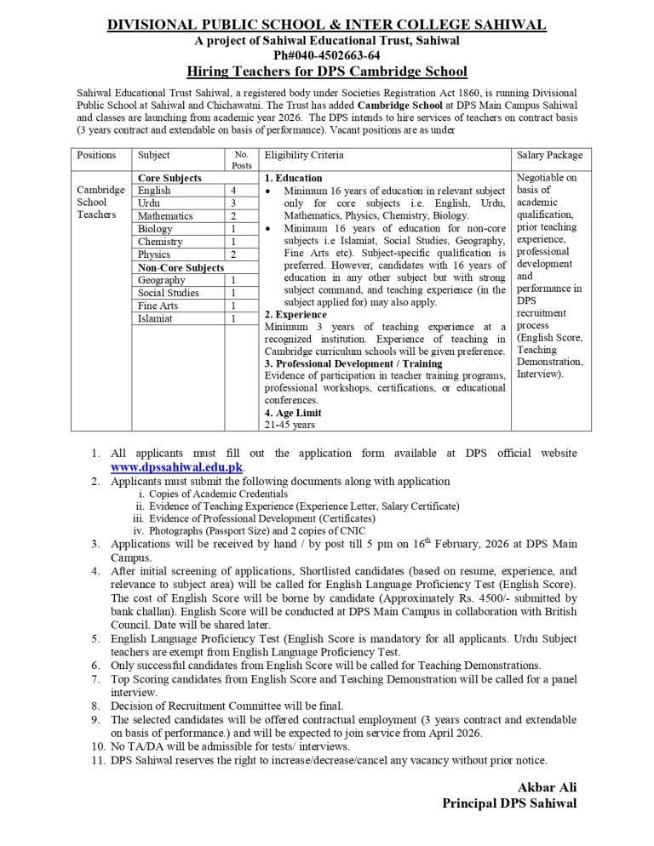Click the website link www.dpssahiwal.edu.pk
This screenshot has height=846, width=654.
[177, 467]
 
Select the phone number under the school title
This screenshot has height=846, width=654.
[326, 54]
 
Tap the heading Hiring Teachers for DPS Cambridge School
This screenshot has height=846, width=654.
[326, 71]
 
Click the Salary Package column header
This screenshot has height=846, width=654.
[549, 156]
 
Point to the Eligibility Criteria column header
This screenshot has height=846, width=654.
[304, 156]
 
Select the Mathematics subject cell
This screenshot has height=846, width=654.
[165, 216]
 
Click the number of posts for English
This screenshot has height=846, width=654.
[232, 191]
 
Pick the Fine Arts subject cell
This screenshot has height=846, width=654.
[158, 306]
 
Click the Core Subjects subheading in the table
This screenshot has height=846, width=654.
[169, 178]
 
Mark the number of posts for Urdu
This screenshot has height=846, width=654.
[232, 203]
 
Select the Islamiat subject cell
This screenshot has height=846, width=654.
[155, 318]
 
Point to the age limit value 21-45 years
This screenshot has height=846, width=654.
[290, 424]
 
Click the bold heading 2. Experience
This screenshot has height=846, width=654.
[294, 314]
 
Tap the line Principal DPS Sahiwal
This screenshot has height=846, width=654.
[509, 803]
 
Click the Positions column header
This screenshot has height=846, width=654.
[96, 156]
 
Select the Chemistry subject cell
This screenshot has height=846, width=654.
[160, 242]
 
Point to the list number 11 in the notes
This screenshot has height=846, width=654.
[97, 760]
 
